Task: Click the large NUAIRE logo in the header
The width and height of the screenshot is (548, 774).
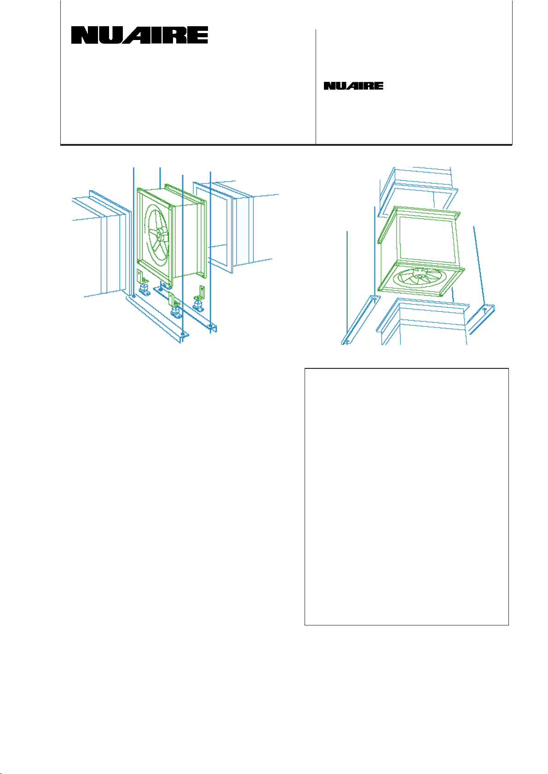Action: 139,35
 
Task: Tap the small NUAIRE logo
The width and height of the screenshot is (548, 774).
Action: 353,86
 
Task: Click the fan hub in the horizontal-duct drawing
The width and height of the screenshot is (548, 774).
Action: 159,234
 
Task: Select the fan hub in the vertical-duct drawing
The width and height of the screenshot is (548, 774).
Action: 420,276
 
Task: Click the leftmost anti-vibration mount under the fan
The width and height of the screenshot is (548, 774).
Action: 144,289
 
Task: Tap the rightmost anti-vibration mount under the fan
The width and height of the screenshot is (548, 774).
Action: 198,305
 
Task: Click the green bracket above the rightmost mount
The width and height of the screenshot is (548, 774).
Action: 201,293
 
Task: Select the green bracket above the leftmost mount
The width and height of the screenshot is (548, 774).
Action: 141,276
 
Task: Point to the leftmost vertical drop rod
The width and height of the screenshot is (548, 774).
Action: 134,231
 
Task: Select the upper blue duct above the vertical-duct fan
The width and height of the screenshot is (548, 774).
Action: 418,192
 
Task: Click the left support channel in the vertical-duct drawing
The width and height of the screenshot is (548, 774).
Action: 361,320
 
